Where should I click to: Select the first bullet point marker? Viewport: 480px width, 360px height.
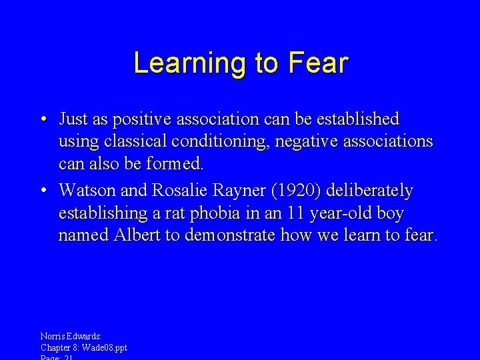click(42, 120)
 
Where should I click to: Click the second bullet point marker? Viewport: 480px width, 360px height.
click(42, 191)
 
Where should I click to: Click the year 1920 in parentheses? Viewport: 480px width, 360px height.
click(305, 191)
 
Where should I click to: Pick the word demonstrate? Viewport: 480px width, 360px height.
click(224, 235)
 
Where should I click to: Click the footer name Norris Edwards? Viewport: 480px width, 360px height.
click(71, 337)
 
